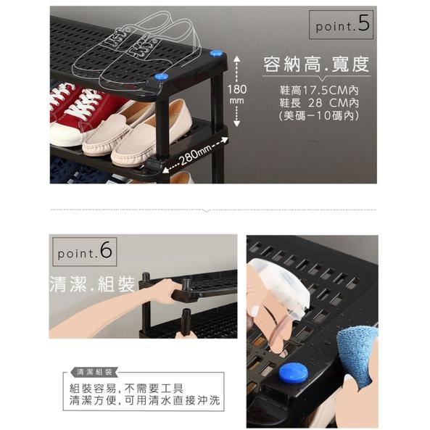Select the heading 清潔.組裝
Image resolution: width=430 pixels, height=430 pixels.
point(92,282)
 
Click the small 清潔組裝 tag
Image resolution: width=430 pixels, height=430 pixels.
point(93,371)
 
